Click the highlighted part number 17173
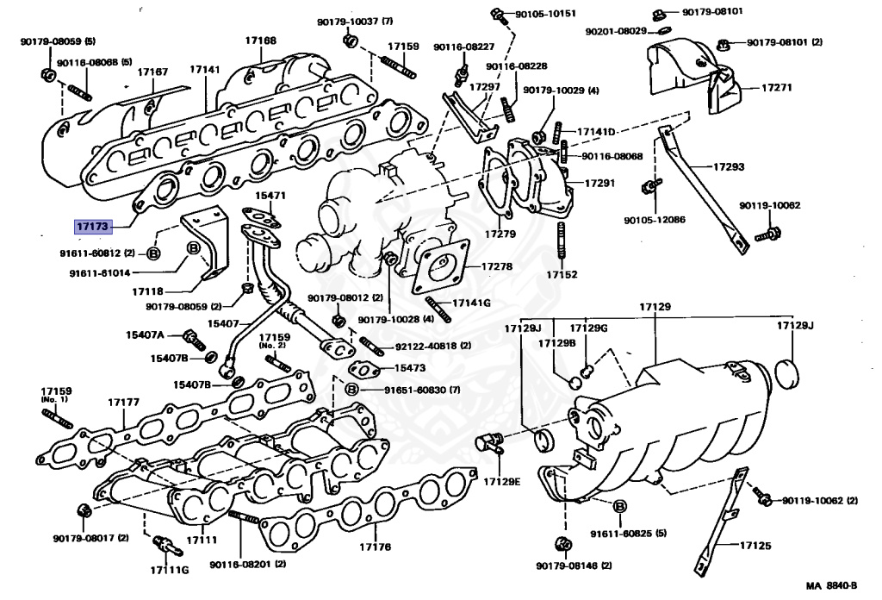click(x=93, y=227)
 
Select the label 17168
click(x=259, y=41)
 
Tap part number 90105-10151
click(x=546, y=14)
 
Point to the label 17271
click(x=777, y=88)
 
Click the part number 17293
click(x=728, y=166)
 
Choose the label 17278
click(x=495, y=266)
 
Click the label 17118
click(x=148, y=291)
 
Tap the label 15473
click(x=410, y=367)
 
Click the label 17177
click(x=123, y=402)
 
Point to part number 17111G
click(x=168, y=570)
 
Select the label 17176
click(x=375, y=547)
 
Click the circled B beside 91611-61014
click(x=194, y=248)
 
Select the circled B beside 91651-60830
click(x=351, y=390)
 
